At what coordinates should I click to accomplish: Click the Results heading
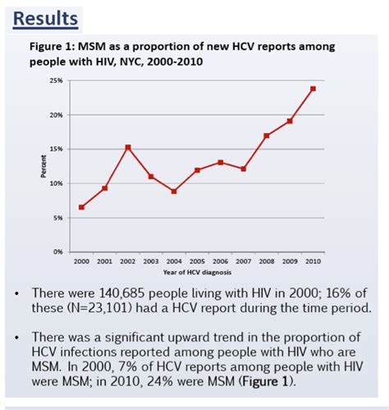click(x=48, y=17)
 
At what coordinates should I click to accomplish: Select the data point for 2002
click(x=128, y=148)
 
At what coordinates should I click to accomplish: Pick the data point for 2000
click(x=81, y=207)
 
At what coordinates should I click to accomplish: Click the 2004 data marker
click(x=174, y=191)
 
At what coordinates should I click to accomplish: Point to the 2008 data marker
click(x=267, y=136)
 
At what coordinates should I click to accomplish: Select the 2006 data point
click(x=221, y=163)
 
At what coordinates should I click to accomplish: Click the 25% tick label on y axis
click(x=57, y=81)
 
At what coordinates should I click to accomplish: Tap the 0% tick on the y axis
click(x=58, y=251)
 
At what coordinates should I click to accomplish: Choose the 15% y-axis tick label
click(x=57, y=149)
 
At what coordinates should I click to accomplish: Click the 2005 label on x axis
click(x=197, y=262)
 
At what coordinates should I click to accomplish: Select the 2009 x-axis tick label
click(x=290, y=262)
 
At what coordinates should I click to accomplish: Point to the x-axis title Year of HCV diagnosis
click(x=197, y=272)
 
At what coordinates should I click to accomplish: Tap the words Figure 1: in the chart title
click(x=53, y=47)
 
